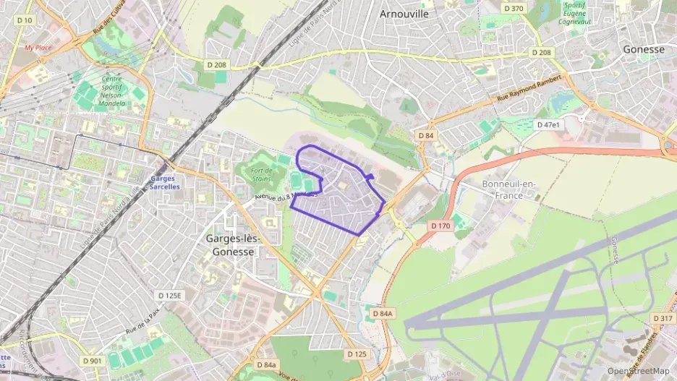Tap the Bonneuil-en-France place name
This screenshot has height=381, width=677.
pyautogui.click(x=510, y=189)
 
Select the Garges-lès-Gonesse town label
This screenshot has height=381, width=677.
pyautogui.click(x=233, y=245)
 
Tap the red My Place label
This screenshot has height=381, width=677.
pyautogui.click(x=38, y=48)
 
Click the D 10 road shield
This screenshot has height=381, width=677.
pyautogui.click(x=23, y=20)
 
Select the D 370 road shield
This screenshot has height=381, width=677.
pyautogui.click(x=512, y=9)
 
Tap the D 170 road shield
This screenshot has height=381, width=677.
pyautogui.click(x=440, y=226)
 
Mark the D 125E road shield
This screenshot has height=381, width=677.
pyautogui.click(x=171, y=296)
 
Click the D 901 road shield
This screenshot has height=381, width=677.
pyautogui.click(x=92, y=361)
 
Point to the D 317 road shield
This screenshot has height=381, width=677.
pyautogui.click(x=662, y=318)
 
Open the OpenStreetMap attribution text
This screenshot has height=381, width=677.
pyautogui.click(x=638, y=371)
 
